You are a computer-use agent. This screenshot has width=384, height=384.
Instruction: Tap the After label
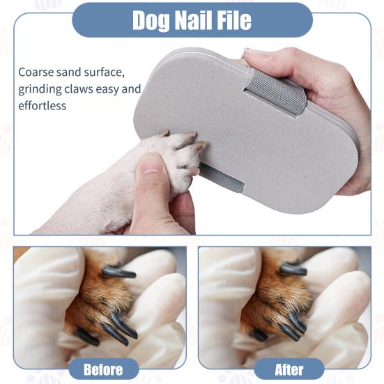pyautogui.click(x=289, y=369)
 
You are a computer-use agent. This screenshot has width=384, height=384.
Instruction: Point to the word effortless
pyautogui.click(x=43, y=106)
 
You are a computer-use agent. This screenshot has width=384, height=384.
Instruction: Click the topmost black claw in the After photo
pyautogui.click(x=293, y=270)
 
